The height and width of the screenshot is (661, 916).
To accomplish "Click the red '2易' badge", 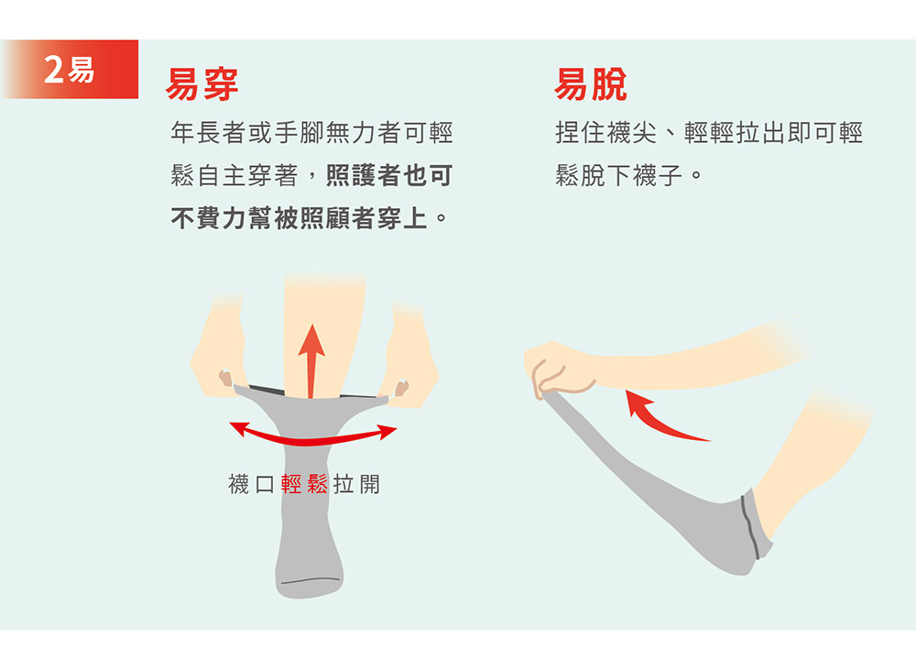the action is (x=71, y=69).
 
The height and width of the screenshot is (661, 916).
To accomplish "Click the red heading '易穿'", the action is (x=202, y=84).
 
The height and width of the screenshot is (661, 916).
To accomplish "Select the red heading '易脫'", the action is (x=591, y=84).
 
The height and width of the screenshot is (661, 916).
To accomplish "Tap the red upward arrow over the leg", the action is (x=311, y=361).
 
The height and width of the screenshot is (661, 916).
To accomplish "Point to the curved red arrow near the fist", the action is (x=657, y=422).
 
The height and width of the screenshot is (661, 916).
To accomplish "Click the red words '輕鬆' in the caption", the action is (x=304, y=484).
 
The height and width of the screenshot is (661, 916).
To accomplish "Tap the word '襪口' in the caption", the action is (x=251, y=484).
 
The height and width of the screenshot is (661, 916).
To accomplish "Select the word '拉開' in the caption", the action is (x=357, y=484).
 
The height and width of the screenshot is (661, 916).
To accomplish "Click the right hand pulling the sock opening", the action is (x=409, y=357).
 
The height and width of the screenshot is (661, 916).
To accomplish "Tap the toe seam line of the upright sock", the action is (x=311, y=580).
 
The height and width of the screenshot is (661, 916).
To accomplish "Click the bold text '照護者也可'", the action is (x=389, y=175).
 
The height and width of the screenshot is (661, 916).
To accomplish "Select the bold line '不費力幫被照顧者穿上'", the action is (x=300, y=218).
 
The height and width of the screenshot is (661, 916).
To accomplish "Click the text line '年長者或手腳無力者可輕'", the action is (x=312, y=133).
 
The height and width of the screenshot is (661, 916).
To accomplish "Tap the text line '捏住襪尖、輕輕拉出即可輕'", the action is (x=709, y=133).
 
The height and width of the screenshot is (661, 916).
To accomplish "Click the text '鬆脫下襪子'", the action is (x=618, y=175).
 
